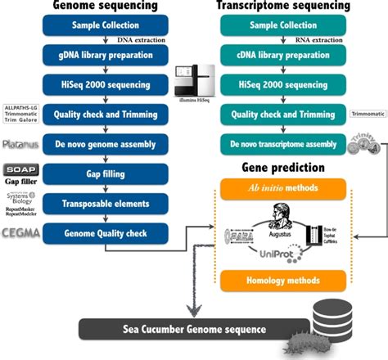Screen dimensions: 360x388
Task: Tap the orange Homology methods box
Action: [289, 279]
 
